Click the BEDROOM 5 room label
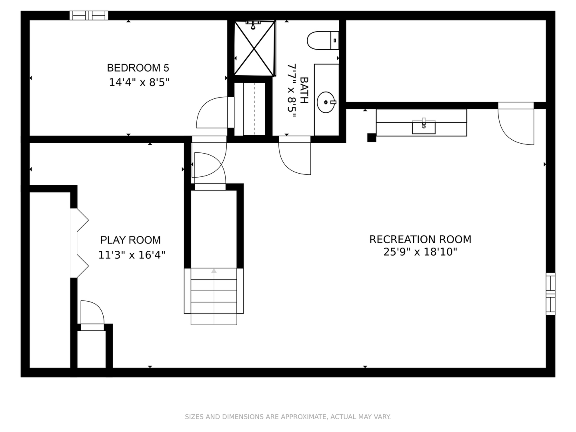(x=138, y=68)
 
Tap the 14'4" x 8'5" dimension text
(x=139, y=82)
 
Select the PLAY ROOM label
(x=130, y=240)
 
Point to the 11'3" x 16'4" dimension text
(x=132, y=255)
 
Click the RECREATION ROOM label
(x=420, y=239)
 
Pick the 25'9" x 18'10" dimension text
(x=420, y=252)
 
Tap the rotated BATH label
(x=304, y=90)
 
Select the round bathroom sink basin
(x=326, y=102)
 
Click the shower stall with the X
(x=255, y=48)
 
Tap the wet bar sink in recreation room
(x=424, y=126)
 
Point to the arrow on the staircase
(x=214, y=271)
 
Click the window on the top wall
(x=89, y=16)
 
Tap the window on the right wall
(x=551, y=294)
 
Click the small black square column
(x=372, y=138)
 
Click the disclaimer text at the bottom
(x=288, y=417)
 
